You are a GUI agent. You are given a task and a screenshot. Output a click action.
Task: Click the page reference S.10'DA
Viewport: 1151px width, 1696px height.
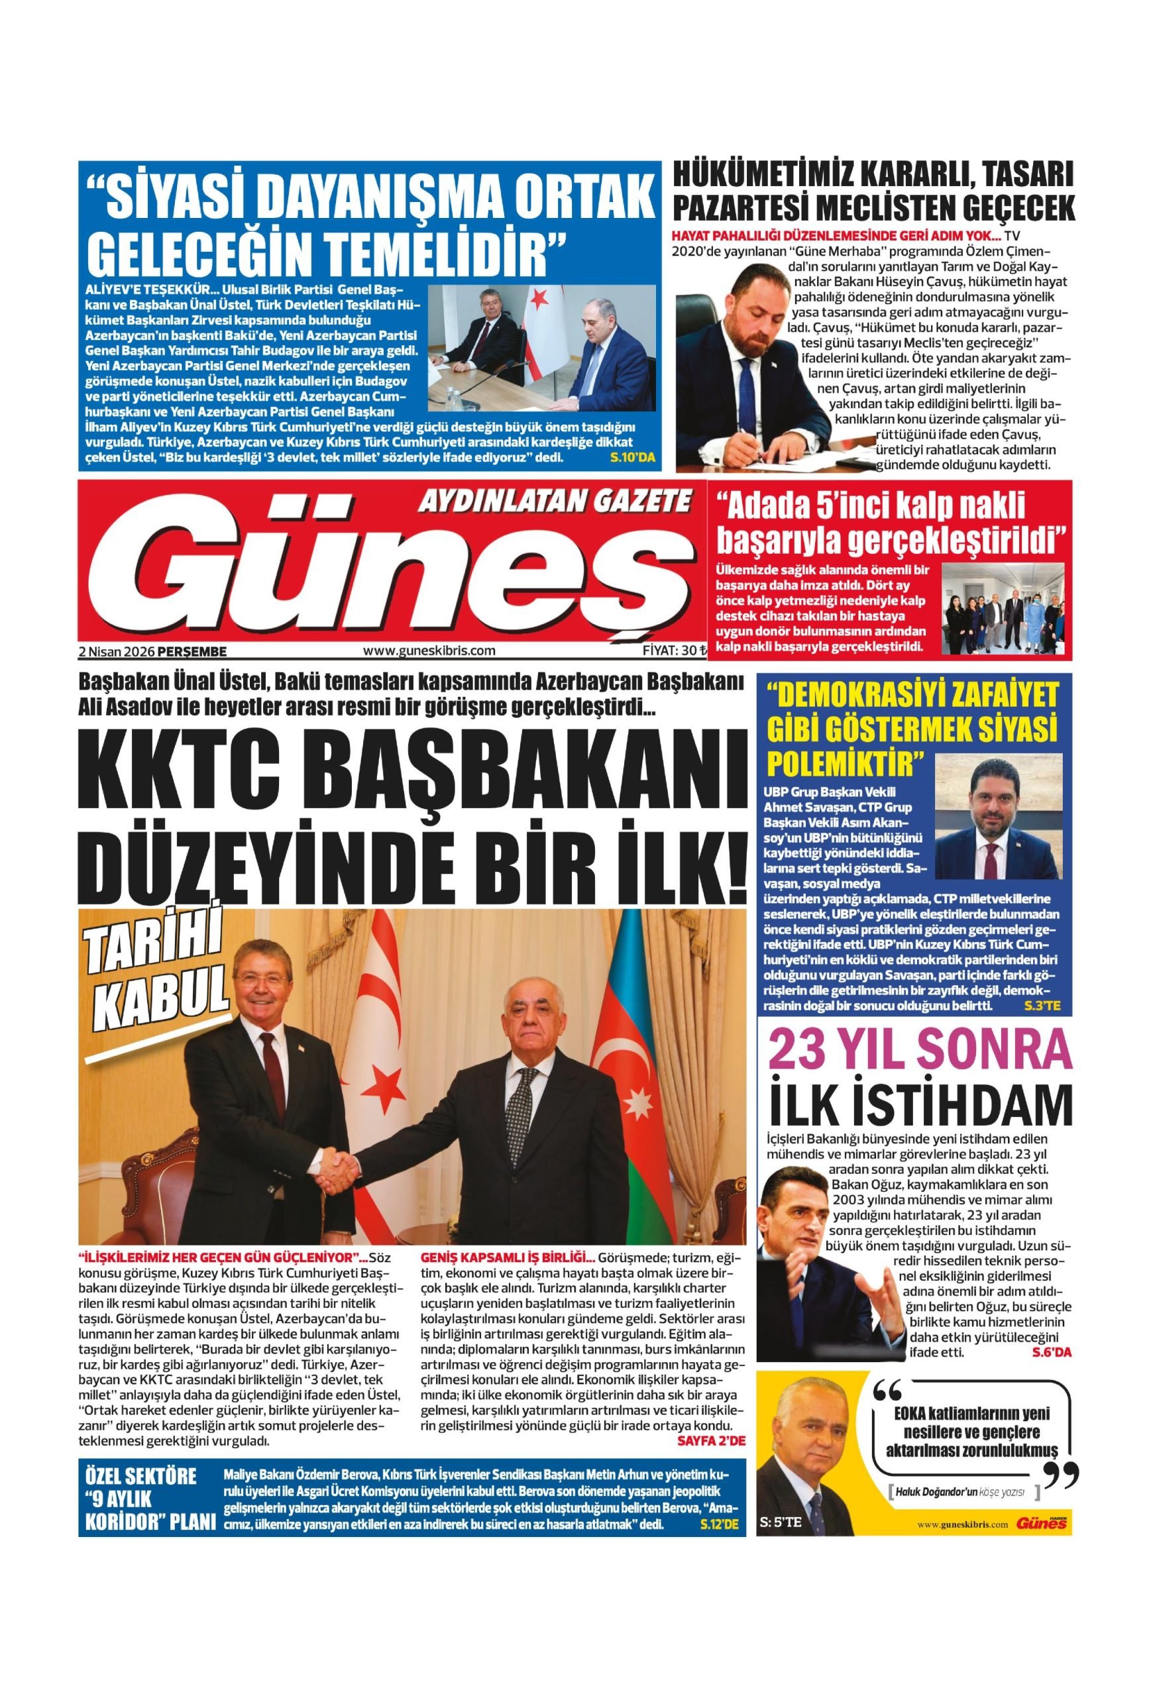coord(633,458)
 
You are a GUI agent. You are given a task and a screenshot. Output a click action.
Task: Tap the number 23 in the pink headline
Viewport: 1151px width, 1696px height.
coord(800,1051)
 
